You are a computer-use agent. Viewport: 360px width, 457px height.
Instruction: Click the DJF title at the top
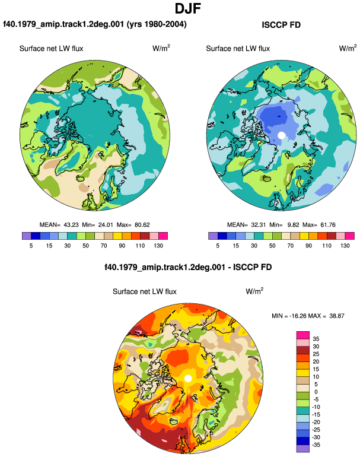(x=188, y=8)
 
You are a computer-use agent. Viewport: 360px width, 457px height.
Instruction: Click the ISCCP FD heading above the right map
(x=281, y=25)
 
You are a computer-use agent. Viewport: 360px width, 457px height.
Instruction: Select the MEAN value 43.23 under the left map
(x=71, y=225)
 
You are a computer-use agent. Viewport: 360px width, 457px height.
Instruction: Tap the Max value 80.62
(x=142, y=225)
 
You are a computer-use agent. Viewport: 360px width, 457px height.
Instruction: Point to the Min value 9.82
(x=293, y=225)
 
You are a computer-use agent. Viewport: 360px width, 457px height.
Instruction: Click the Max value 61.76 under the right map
(x=328, y=225)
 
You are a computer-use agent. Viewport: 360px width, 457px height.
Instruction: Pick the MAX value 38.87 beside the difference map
(x=337, y=316)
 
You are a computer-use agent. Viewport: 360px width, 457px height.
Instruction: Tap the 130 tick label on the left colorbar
(x=158, y=245)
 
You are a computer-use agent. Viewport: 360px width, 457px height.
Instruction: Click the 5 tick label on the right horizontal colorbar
(x=218, y=245)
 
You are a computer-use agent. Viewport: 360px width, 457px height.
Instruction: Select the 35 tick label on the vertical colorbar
(x=316, y=339)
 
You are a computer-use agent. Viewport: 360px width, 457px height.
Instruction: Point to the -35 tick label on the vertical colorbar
(x=316, y=445)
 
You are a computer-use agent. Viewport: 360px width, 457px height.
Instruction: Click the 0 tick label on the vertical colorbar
(x=316, y=392)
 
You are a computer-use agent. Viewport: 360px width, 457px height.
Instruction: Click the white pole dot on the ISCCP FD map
(x=281, y=135)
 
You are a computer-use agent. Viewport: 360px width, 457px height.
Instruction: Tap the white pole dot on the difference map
(x=188, y=378)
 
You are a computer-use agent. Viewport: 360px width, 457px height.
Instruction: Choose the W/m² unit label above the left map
(x=161, y=48)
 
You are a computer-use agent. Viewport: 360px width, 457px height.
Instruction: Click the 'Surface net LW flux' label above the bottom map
(x=145, y=291)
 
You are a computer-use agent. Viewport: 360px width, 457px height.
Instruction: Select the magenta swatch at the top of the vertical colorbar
(x=303, y=335)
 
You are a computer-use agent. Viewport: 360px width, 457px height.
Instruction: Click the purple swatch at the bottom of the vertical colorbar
(x=303, y=449)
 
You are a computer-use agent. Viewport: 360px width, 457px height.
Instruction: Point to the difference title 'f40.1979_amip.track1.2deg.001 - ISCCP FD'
(x=188, y=267)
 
